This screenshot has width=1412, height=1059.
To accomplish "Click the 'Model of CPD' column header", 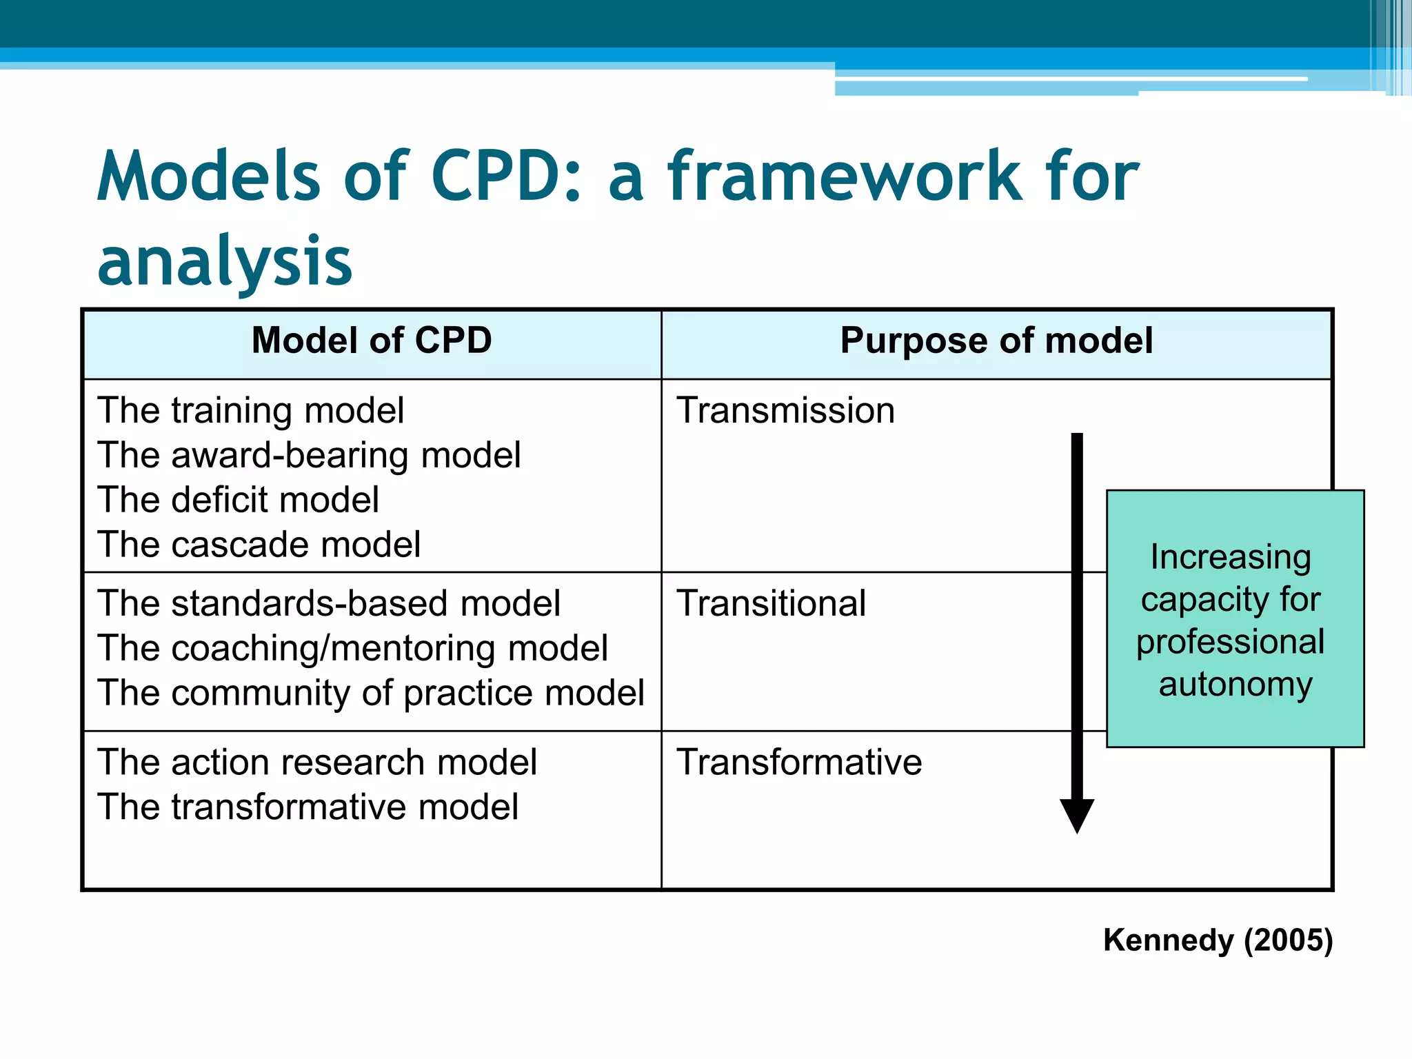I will (372, 341).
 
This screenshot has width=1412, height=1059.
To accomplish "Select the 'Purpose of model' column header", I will (996, 341).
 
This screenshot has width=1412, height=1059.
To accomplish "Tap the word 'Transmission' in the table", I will (785, 411).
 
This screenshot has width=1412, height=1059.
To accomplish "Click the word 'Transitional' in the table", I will (771, 604).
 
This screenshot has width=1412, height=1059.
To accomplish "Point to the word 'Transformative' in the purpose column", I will (799, 763).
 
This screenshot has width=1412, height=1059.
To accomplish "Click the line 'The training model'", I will (250, 411).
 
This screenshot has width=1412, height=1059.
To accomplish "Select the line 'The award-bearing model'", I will (309, 456).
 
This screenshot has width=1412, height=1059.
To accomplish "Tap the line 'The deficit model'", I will (238, 501).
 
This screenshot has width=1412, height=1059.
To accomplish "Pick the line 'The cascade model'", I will (259, 545).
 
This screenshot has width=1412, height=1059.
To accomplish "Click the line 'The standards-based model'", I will (329, 604).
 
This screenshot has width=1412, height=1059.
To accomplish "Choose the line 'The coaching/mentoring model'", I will (352, 649).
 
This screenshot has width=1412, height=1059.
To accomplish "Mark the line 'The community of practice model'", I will (371, 694).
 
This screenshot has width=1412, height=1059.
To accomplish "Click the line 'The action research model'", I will (317, 763).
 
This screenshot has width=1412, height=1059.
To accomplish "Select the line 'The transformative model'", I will (307, 807).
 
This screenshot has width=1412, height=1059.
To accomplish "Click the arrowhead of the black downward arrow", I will (1077, 815).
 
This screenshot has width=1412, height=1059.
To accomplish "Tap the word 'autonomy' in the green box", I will (1235, 685).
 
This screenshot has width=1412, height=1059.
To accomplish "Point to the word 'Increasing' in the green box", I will (1231, 557).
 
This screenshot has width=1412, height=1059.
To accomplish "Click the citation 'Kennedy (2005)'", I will (1218, 940).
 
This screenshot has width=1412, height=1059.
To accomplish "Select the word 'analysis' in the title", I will (225, 262).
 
